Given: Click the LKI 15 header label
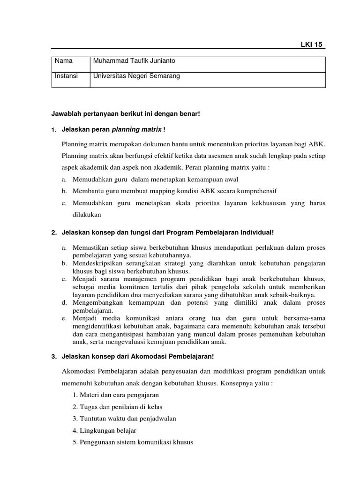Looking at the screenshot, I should [312, 45].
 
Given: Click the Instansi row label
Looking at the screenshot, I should [67, 75].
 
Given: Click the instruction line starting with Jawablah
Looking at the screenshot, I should [125, 114].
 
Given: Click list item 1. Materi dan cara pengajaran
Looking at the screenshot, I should [116, 395].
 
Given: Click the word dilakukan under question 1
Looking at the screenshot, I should [87, 215].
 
